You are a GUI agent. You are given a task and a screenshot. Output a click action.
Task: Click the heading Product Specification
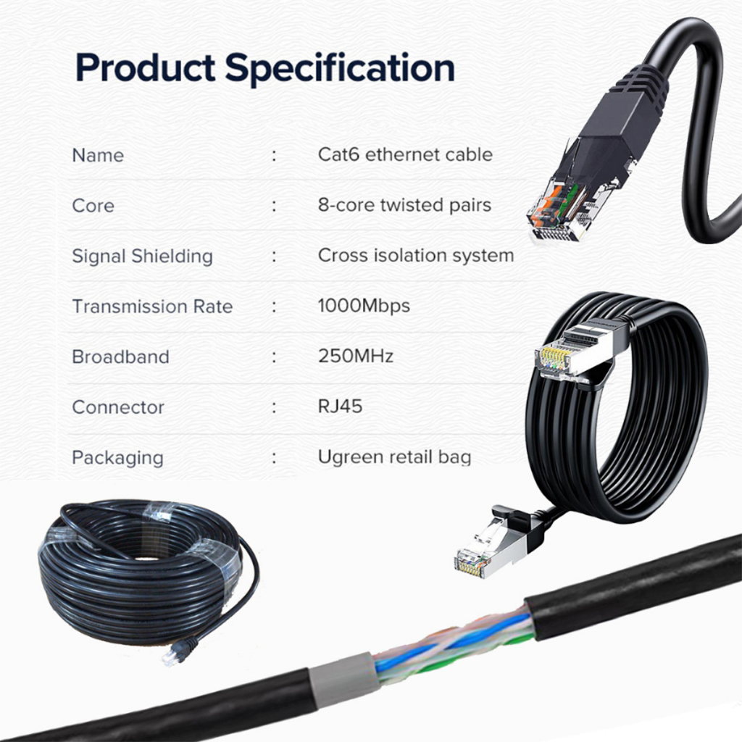[265, 67]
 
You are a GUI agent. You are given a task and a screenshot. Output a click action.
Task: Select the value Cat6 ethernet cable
[405, 154]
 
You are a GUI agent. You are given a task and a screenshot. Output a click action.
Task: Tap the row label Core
[93, 205]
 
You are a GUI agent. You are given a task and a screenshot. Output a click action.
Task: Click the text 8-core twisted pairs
[404, 205]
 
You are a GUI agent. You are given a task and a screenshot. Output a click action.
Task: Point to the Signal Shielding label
[142, 256]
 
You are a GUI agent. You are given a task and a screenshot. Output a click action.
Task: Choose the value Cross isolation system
[416, 255]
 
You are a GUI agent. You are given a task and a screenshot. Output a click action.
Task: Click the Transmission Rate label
[152, 306]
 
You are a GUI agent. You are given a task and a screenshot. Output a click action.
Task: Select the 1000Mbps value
[364, 306]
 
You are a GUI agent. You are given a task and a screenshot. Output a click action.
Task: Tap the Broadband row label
[120, 357]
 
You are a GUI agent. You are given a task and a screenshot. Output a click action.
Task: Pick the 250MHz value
[356, 357]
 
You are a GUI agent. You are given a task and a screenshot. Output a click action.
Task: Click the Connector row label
[118, 407]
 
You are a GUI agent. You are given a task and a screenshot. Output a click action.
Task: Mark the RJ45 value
[340, 407]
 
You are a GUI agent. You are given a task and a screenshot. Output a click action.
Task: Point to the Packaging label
[117, 458]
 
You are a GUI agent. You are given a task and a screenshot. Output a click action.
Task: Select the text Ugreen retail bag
[394, 457]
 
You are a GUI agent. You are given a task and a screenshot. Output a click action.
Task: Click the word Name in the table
[98, 155]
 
